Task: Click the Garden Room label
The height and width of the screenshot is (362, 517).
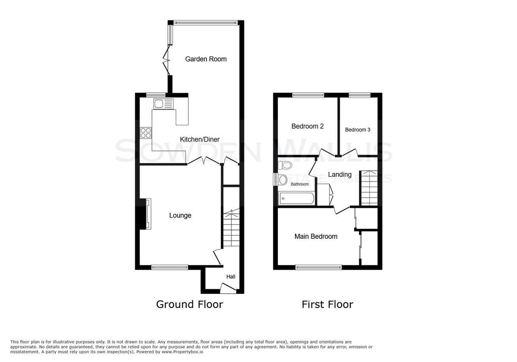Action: click(x=206, y=59)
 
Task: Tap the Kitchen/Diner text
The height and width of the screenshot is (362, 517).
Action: click(x=199, y=139)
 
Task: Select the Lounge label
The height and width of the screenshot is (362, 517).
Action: click(x=180, y=215)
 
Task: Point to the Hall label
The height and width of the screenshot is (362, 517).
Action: click(x=231, y=277)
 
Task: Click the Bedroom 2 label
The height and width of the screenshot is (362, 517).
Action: click(x=308, y=126)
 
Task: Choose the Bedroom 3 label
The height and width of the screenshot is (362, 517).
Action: click(x=358, y=130)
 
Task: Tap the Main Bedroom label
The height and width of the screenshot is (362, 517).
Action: click(x=316, y=236)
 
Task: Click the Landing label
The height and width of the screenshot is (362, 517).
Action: click(x=340, y=174)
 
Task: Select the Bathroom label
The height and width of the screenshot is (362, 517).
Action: click(x=299, y=184)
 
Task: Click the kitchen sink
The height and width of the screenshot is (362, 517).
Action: click(x=163, y=104)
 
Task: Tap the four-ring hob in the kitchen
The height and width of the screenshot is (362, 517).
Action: click(x=146, y=133)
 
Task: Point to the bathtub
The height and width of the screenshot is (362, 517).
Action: click(x=296, y=198)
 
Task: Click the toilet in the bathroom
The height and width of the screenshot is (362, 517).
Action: click(x=285, y=165)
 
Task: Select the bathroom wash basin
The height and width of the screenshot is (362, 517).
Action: click(x=283, y=180)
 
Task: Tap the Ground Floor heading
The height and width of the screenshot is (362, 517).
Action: click(x=190, y=305)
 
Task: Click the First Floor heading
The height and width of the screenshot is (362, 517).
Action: click(x=327, y=305)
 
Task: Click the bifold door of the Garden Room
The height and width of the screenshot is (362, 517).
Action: click(x=167, y=60)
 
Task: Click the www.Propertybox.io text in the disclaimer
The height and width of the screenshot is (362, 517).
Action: click(x=182, y=352)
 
